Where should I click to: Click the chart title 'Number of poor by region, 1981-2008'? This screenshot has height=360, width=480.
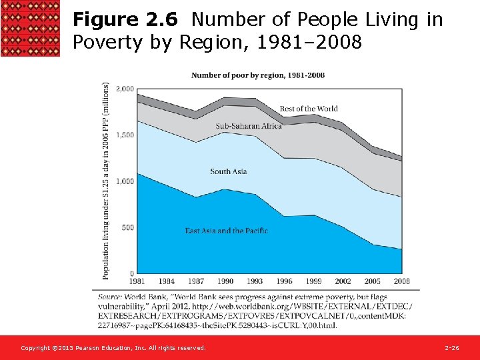(258, 75)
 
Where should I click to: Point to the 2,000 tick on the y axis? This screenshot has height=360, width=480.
(125, 89)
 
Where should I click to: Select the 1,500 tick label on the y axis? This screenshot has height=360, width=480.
(125, 135)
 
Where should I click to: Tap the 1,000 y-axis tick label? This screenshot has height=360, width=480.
(125, 181)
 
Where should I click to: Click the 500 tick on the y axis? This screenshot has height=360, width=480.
(127, 227)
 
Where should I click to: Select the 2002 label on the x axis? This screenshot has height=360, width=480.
(343, 281)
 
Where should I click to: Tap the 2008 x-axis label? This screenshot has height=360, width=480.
(401, 281)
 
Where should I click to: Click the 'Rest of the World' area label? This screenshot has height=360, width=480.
(309, 109)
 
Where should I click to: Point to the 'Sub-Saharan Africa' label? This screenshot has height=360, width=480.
(249, 126)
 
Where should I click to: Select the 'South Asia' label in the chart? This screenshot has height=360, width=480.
(229, 171)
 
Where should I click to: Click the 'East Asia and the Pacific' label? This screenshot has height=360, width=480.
(227, 231)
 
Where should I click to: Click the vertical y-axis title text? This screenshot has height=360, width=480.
(106, 180)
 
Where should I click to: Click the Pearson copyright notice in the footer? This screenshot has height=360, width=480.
(113, 348)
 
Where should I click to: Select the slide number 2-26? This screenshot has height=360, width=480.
(452, 348)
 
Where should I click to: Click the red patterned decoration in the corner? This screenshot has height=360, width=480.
(30, 29)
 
